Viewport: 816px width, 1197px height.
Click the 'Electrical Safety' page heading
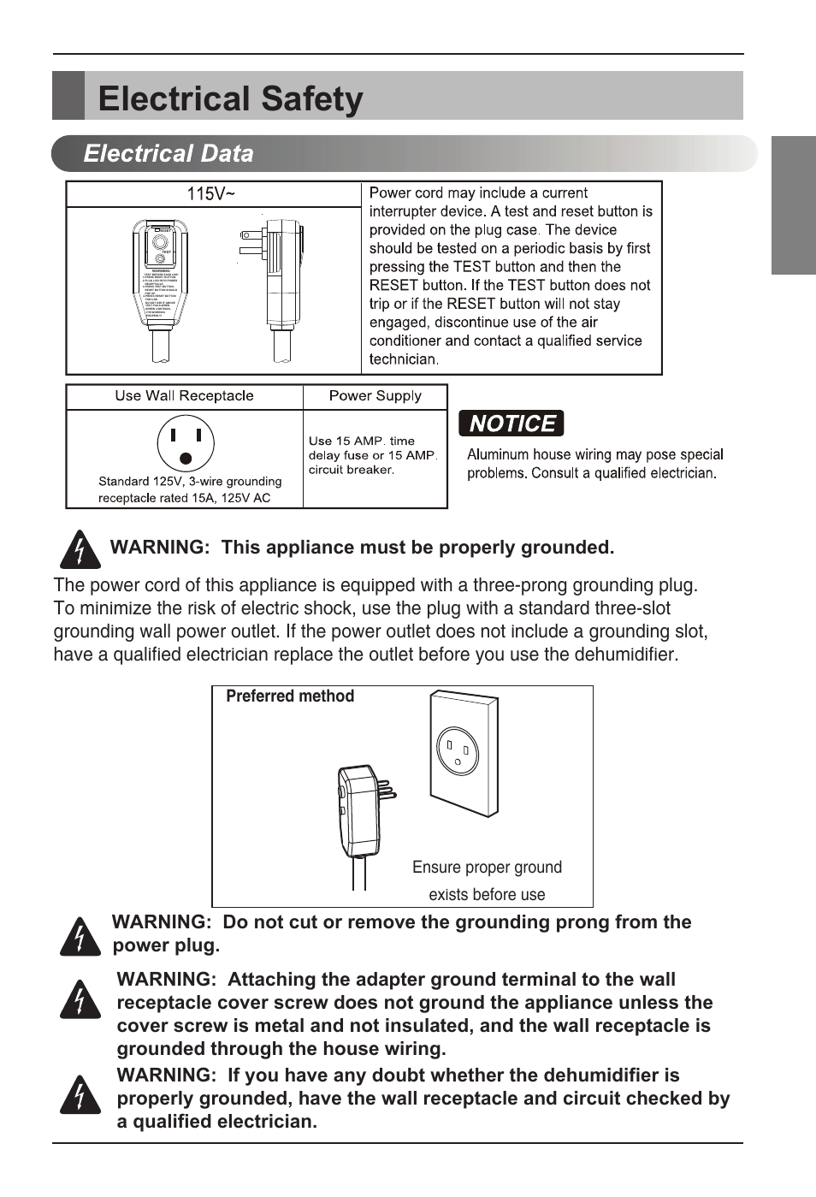[x=230, y=99]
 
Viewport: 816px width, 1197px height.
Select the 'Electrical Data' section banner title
[x=169, y=154]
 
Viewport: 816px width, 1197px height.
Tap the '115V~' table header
[x=210, y=194]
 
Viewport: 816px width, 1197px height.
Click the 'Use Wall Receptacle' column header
[x=184, y=396]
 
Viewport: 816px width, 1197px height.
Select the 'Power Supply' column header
[x=375, y=396]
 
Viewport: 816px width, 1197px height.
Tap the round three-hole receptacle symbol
[x=186, y=443]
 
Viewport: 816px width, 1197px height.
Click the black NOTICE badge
[x=511, y=424]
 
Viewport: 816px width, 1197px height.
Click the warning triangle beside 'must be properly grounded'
[x=80, y=549]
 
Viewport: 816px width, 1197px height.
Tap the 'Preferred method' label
[x=289, y=696]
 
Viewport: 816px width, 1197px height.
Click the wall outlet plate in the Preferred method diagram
[x=463, y=753]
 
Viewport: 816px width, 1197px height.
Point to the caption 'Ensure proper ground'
[x=487, y=868]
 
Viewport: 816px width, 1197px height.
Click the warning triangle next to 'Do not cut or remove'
[x=80, y=936]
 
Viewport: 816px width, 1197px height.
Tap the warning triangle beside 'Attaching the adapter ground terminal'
[x=80, y=999]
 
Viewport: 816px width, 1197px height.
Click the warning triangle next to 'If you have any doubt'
[x=80, y=1095]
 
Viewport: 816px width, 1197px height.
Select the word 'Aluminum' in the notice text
[x=497, y=455]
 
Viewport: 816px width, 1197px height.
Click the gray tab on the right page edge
[x=793, y=205]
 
